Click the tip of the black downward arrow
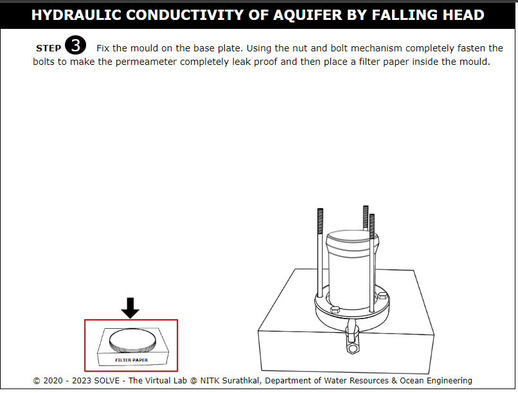[x=130, y=319]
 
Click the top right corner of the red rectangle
[x=177, y=320]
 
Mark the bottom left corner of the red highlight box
[x=85, y=371]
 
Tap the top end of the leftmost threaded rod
[x=320, y=209]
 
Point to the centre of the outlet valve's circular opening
[x=353, y=349]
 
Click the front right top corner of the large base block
[x=434, y=335]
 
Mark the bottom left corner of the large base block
[x=262, y=371]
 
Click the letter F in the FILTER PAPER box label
[x=116, y=360]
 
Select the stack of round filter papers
[x=132, y=340]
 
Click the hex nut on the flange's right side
[x=382, y=295]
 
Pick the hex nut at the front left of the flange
[x=335, y=309]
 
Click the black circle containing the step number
[x=75, y=45]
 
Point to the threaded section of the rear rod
[x=366, y=216]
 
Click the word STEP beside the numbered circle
[x=49, y=49]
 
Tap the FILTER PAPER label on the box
[x=132, y=360]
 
